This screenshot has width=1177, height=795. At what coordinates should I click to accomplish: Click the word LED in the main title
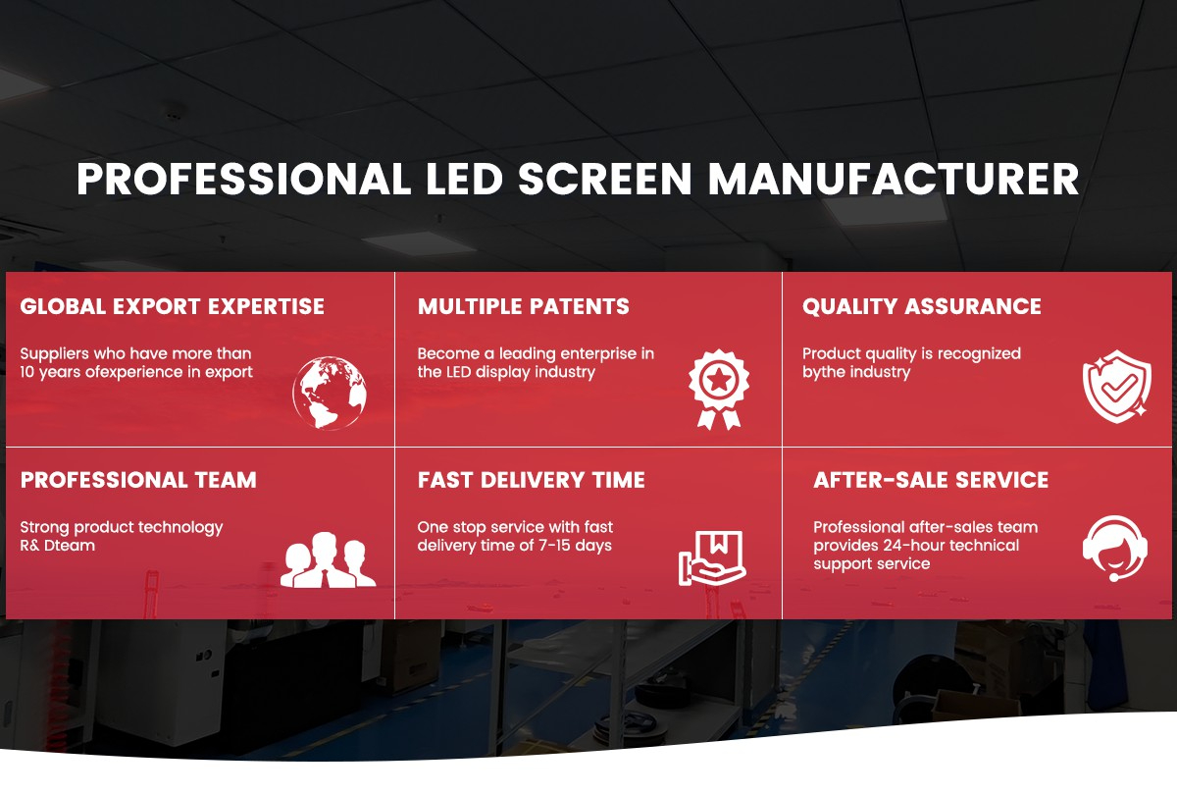pyautogui.click(x=464, y=179)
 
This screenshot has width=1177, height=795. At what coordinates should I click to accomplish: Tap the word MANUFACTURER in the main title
pyautogui.click(x=894, y=179)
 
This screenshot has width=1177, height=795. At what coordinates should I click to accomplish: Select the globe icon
pyautogui.click(x=330, y=393)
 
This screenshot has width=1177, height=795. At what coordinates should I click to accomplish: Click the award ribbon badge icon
pyautogui.click(x=719, y=389)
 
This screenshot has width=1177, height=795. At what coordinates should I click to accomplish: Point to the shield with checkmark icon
pyautogui.click(x=1117, y=387)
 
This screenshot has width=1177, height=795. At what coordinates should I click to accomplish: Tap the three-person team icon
pyautogui.click(x=328, y=559)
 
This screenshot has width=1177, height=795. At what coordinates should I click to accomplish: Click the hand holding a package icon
pyautogui.click(x=712, y=557)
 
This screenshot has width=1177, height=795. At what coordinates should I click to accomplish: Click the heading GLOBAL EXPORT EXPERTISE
pyautogui.click(x=173, y=306)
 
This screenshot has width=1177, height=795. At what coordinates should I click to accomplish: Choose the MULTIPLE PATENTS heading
pyautogui.click(x=524, y=306)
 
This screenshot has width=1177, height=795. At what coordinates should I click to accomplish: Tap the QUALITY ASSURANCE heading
pyautogui.click(x=922, y=306)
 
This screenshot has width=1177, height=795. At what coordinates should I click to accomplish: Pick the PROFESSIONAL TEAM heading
pyautogui.click(x=138, y=480)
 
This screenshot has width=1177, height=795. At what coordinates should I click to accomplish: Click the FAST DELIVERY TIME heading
pyautogui.click(x=532, y=480)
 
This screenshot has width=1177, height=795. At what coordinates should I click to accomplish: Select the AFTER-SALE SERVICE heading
pyautogui.click(x=931, y=480)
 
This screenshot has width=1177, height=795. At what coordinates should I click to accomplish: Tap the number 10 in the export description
pyautogui.click(x=27, y=372)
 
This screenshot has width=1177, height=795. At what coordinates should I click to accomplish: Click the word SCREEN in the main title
pyautogui.click(x=605, y=179)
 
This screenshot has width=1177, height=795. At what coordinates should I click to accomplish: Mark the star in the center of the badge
pyautogui.click(x=719, y=379)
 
